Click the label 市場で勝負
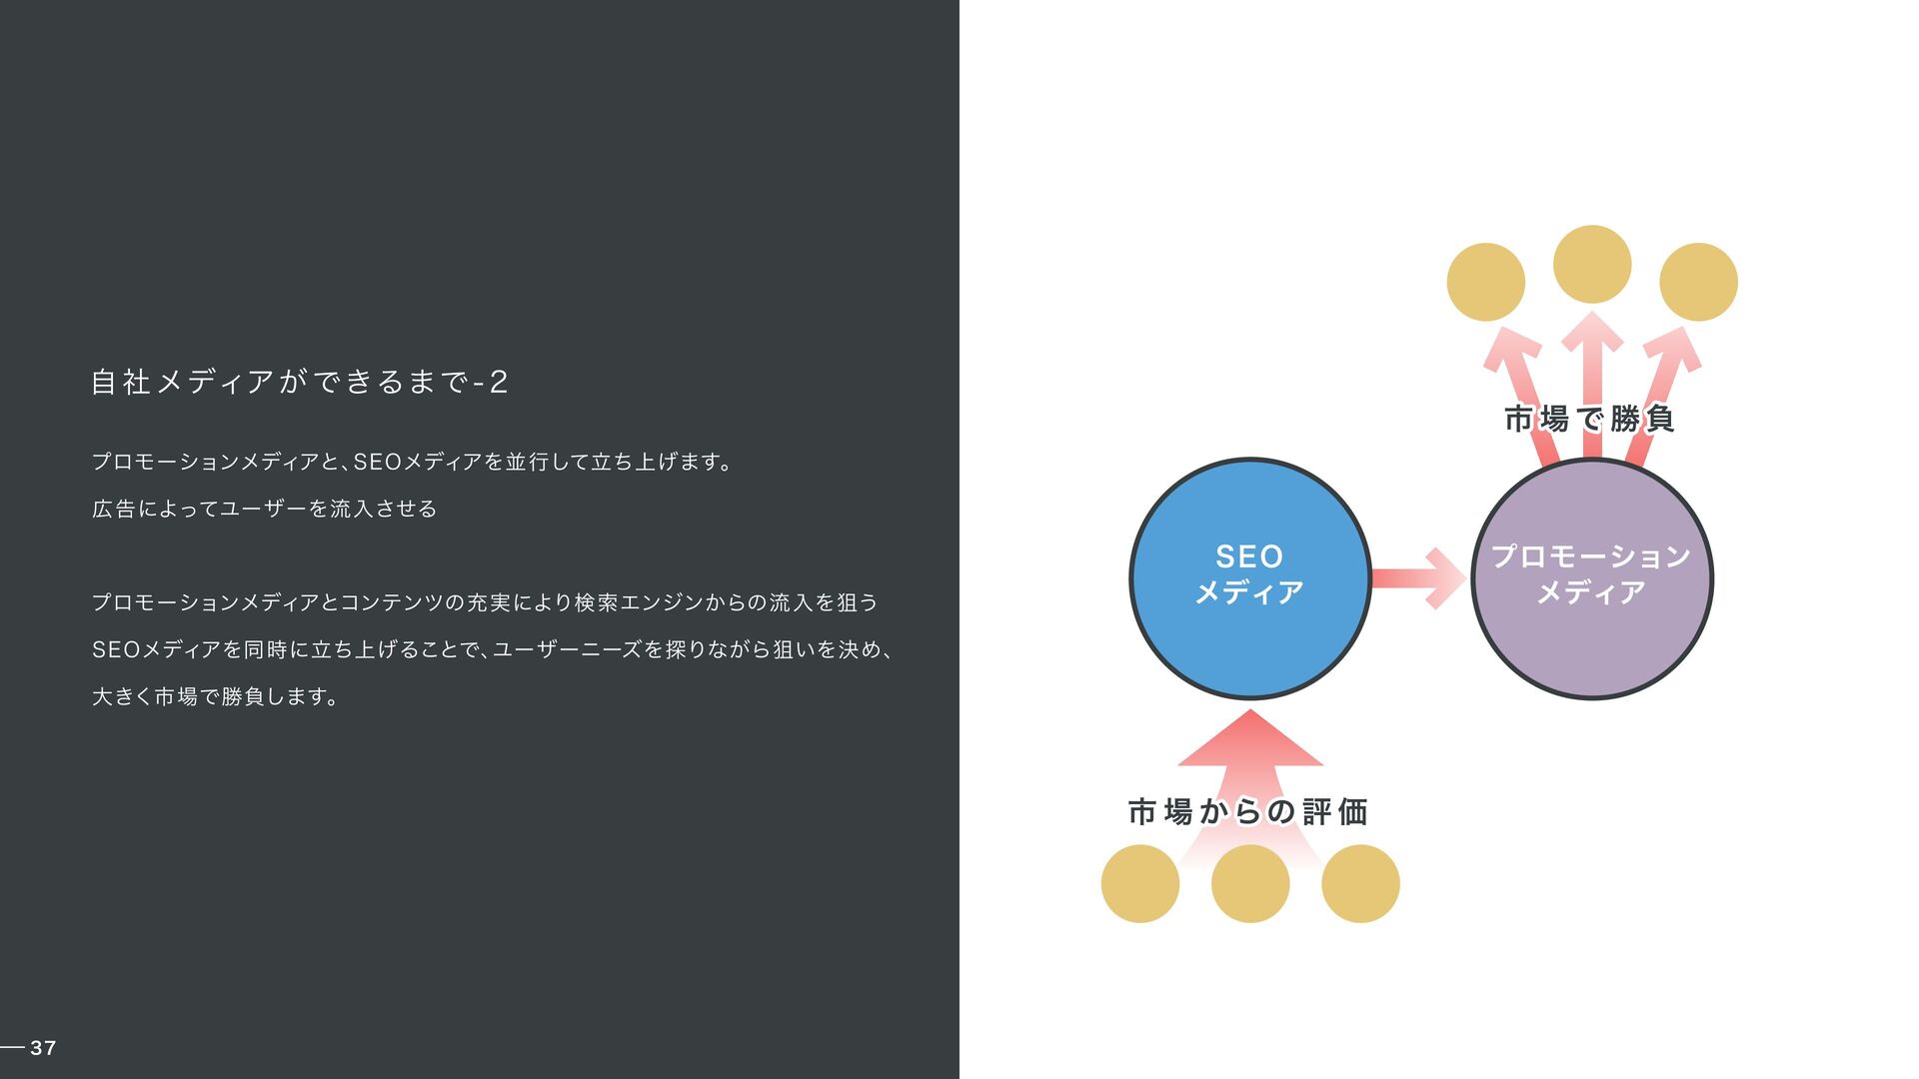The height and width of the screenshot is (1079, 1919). pyautogui.click(x=1589, y=419)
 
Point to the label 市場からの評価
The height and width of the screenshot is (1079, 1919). pyautogui.click(x=1247, y=811)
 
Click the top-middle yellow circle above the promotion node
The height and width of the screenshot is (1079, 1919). pyautogui.click(x=1592, y=264)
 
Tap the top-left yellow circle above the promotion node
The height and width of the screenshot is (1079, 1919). pyautogui.click(x=1485, y=282)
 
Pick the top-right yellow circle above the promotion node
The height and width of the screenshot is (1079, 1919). pyautogui.click(x=1698, y=282)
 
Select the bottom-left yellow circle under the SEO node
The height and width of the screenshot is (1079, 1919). pyautogui.click(x=1140, y=883)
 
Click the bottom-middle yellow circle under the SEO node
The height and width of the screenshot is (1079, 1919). pyautogui.click(x=1250, y=883)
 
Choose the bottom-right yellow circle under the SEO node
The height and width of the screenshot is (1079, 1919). pyautogui.click(x=1360, y=883)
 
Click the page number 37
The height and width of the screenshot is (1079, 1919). pyautogui.click(x=43, y=1047)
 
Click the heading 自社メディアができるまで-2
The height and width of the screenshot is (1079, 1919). pyautogui.click(x=300, y=382)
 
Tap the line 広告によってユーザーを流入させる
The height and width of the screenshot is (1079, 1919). pyautogui.click(x=265, y=509)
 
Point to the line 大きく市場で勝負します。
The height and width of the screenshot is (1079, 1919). pyautogui.click(x=215, y=696)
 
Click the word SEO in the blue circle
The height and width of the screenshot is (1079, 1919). pyautogui.click(x=1249, y=556)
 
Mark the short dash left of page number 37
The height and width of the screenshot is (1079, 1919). pyautogui.click(x=12, y=1047)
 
